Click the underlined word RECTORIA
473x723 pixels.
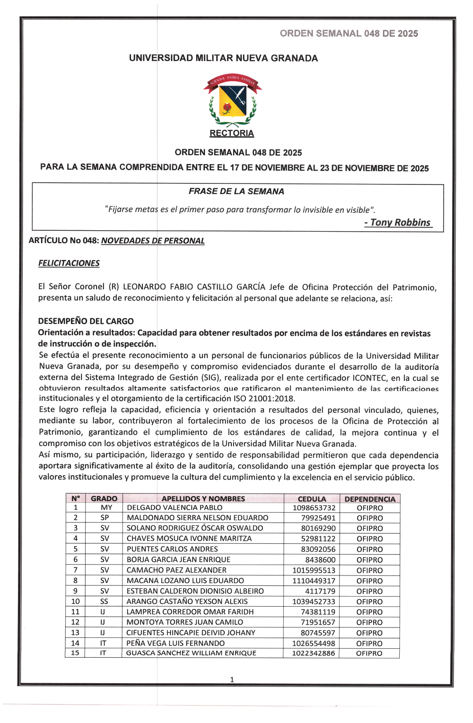(232, 133)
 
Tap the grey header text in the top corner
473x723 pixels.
(349, 34)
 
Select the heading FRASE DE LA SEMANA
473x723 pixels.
(236, 192)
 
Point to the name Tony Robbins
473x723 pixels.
(400, 223)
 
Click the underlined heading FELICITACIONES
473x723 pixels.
(69, 263)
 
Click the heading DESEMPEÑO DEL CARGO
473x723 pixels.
(86, 321)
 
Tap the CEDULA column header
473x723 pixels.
(312, 499)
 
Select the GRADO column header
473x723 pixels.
(104, 499)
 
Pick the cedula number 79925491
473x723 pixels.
(318, 518)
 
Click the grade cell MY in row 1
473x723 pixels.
(106, 508)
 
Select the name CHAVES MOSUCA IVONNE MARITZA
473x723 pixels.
(189, 539)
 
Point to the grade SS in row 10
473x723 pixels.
(104, 601)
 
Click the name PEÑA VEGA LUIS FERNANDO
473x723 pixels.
(175, 643)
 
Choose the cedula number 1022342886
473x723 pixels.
(314, 653)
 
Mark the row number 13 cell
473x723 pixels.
(75, 633)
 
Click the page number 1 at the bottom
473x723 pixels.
(232, 679)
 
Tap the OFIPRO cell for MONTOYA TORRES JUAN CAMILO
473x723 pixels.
(369, 622)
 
